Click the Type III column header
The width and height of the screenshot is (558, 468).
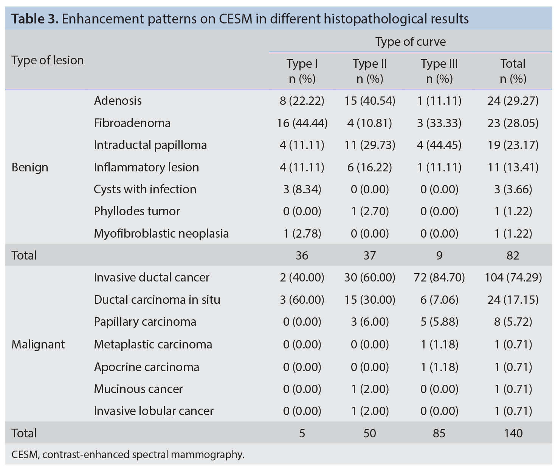[x=439, y=71]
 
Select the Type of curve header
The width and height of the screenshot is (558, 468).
[x=411, y=42]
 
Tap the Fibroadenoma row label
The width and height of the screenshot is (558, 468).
[x=132, y=123]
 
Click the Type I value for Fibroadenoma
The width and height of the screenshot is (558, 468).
[x=302, y=123]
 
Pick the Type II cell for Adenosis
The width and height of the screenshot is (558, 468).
[x=370, y=101]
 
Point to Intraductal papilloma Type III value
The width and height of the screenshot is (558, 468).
[x=439, y=145]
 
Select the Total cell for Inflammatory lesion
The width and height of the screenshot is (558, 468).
[x=513, y=167]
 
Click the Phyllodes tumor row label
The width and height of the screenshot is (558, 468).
[x=137, y=211]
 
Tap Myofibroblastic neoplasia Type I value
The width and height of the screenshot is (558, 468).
[x=302, y=233]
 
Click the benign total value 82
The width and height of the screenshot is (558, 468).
[x=513, y=255]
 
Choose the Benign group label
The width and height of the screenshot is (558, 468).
[x=30, y=167]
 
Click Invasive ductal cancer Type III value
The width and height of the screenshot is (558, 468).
[x=439, y=277]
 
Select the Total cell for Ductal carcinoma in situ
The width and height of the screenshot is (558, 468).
[x=513, y=300]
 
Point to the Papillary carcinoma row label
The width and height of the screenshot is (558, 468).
[x=145, y=322]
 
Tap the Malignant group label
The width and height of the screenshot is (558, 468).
[x=38, y=344]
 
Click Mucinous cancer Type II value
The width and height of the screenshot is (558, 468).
[x=370, y=389]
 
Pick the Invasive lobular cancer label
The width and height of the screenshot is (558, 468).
[x=154, y=411]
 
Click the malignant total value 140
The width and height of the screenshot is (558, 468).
[x=513, y=433]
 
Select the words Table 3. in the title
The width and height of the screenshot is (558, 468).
[x=35, y=19]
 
